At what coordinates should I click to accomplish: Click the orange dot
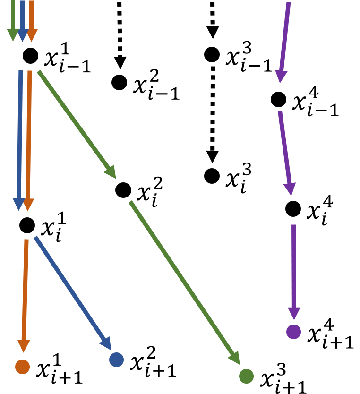(x=22, y=367)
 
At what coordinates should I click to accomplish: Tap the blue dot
(x=116, y=360)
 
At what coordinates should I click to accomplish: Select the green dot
(x=246, y=376)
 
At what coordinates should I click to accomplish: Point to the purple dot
(x=293, y=332)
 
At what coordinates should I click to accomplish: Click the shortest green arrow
(x=13, y=19)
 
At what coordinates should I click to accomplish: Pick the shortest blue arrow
(x=22, y=19)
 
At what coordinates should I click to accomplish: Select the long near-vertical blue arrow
(x=20, y=137)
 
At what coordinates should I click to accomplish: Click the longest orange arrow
(x=29, y=137)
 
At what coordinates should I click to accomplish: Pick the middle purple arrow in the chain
(x=285, y=151)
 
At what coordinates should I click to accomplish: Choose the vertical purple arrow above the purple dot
(x=294, y=269)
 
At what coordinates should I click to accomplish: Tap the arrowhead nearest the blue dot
(x=106, y=344)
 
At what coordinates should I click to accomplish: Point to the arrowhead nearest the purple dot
(x=294, y=314)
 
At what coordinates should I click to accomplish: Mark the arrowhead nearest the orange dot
(x=24, y=346)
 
